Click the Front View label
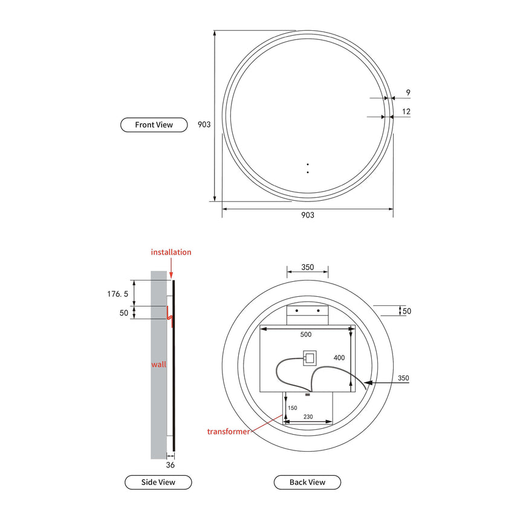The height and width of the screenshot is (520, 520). [x=154, y=125]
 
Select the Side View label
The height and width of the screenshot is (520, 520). [x=158, y=482]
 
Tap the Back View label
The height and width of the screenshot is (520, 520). [x=307, y=482]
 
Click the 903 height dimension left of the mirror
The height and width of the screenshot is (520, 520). [x=204, y=125]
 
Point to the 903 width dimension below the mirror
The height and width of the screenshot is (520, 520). [x=307, y=215]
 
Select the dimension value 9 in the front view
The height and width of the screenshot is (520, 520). [x=408, y=93]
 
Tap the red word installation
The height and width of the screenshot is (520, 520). [x=171, y=252]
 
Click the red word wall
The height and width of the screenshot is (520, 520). [x=158, y=364]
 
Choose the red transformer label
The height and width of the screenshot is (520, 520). [x=229, y=431]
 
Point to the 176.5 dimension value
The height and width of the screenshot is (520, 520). [x=118, y=294]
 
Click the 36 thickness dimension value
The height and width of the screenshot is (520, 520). [x=170, y=466]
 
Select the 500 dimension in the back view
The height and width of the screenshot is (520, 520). [x=306, y=334]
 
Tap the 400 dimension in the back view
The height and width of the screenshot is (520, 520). [x=339, y=358]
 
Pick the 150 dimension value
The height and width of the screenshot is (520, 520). [x=293, y=408]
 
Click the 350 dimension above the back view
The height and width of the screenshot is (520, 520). [x=307, y=267]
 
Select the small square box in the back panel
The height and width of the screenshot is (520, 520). [x=309, y=359]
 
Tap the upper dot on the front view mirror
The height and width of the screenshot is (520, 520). [x=307, y=164]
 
